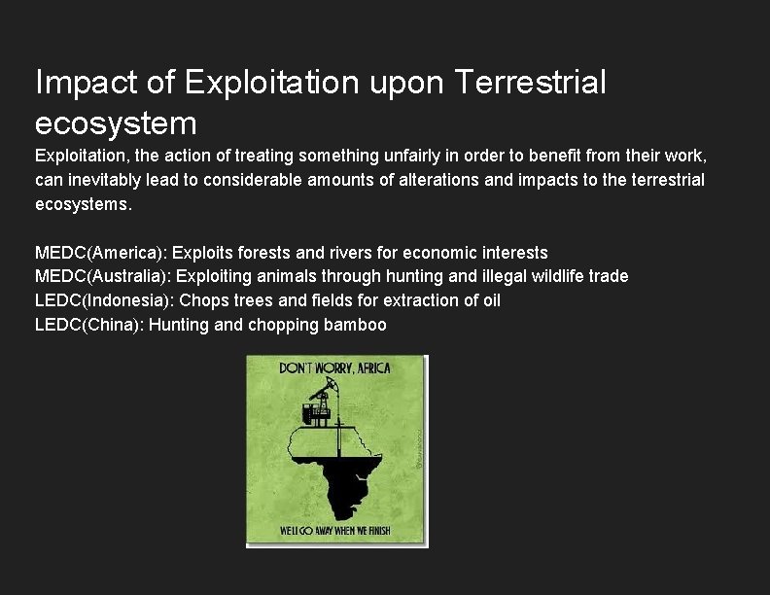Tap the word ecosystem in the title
pos(116,123)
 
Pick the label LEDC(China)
pos(88,325)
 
